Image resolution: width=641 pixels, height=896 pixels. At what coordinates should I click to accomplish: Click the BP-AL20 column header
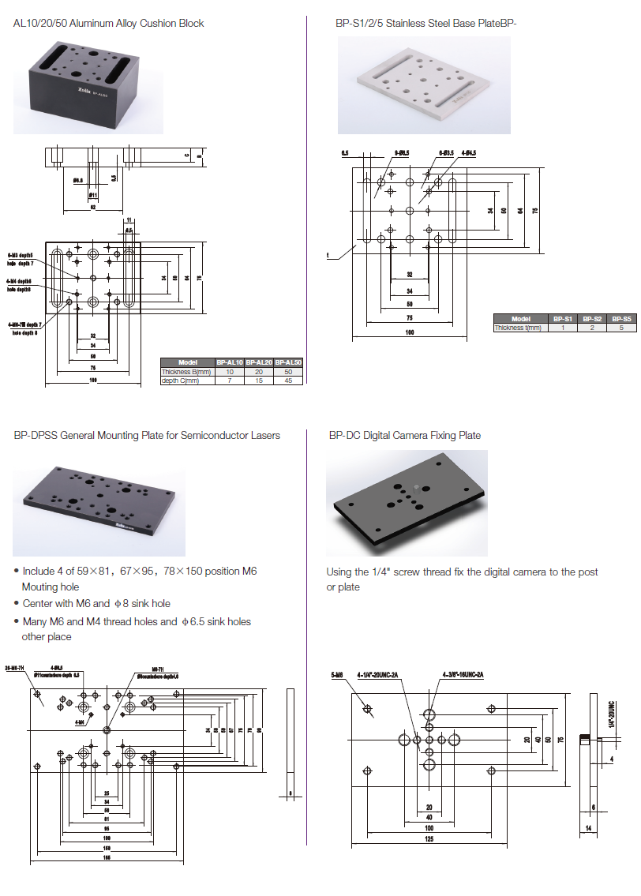point(258,362)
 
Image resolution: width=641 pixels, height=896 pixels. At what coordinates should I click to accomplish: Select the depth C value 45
point(288,381)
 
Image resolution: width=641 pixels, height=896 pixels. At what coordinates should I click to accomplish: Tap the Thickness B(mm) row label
point(187,372)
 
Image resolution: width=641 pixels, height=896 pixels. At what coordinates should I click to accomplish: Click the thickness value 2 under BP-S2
point(592,328)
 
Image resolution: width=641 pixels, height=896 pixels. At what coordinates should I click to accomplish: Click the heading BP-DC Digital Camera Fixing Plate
point(404,435)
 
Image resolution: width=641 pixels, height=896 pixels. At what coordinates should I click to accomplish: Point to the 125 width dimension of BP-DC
point(429,838)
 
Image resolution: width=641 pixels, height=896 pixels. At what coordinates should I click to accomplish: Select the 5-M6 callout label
point(338,675)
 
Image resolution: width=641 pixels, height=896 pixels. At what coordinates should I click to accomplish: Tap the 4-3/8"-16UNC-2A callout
point(463,675)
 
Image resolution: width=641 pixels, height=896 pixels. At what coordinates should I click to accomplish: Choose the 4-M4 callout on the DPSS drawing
point(81,722)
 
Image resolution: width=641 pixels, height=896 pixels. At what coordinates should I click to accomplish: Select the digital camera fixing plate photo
point(407,502)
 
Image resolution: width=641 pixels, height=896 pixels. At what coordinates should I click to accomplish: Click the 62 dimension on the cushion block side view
point(92,207)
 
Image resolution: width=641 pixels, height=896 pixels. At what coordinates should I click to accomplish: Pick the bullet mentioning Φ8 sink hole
point(96,604)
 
